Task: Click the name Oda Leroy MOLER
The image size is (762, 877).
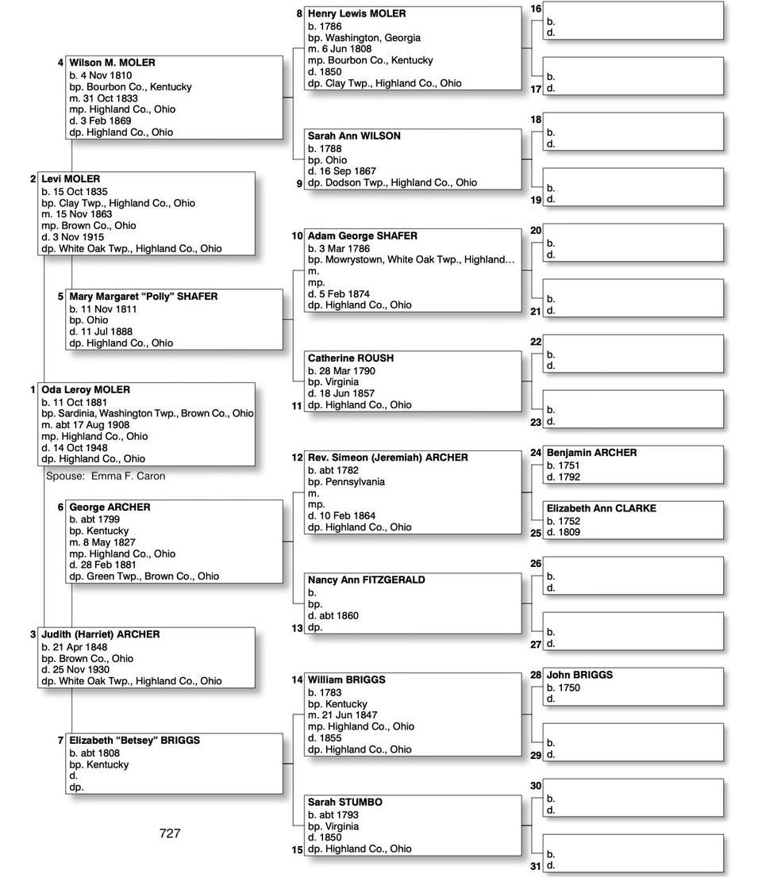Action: tap(86, 390)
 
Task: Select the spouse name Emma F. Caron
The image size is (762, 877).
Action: tap(128, 476)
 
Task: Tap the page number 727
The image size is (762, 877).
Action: tap(170, 833)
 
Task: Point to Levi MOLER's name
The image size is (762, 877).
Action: tap(71, 179)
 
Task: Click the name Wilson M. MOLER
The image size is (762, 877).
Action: tap(112, 63)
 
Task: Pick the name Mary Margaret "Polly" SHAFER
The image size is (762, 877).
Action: tap(143, 297)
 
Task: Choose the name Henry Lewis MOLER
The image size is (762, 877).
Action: tap(356, 13)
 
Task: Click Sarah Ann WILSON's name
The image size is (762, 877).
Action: tap(354, 136)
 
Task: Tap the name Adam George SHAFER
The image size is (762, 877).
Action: tap(362, 236)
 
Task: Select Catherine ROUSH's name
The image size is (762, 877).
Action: tap(350, 358)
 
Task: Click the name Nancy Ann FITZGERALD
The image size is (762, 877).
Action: tap(366, 580)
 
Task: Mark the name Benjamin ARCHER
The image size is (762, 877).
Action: tap(591, 453)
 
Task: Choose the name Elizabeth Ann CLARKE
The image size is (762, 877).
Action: tap(601, 508)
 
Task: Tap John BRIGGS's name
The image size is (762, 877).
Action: tap(579, 676)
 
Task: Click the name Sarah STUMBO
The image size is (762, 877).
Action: tap(344, 802)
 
